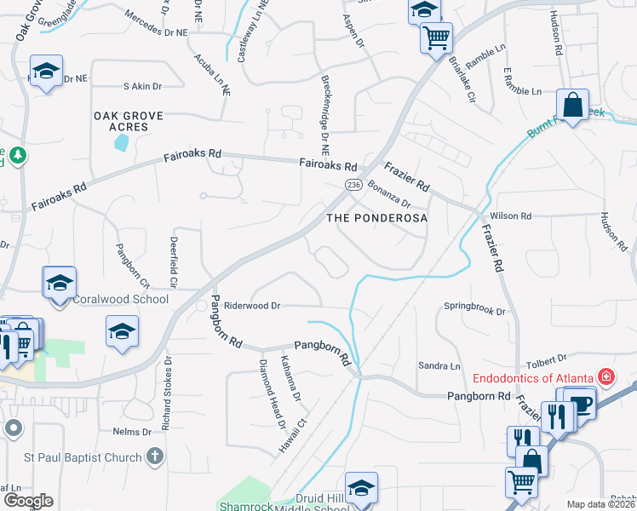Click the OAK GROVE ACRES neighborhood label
click(121, 120)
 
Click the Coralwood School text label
click(108, 300)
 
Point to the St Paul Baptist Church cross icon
click(154, 457)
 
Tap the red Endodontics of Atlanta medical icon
click(606, 376)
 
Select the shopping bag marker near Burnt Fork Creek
click(573, 106)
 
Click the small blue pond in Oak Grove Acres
click(121, 142)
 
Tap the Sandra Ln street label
click(439, 365)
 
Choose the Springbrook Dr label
click(474, 310)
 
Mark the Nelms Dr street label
click(131, 432)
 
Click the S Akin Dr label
click(142, 86)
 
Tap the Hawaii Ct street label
click(291, 436)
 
